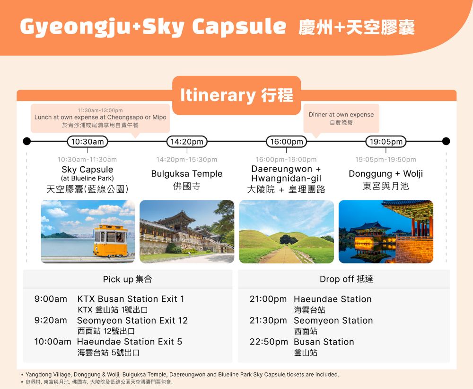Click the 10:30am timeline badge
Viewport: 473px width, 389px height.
coord(87,142)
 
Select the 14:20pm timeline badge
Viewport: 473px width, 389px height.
coord(187,142)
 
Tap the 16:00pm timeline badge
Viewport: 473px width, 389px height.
coord(286,142)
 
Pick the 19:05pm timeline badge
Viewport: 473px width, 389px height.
coord(386,142)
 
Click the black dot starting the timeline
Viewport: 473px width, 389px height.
coord(27,141)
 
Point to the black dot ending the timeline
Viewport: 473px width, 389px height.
coord(446,141)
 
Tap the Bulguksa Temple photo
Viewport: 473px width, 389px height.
coord(187,232)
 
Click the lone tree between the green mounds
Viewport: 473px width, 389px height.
coord(289,240)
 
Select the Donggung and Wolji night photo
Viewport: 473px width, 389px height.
coord(386,232)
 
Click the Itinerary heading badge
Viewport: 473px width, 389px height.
coord(236,95)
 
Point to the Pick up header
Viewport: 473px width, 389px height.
coord(128,279)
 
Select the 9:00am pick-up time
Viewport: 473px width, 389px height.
coord(51,299)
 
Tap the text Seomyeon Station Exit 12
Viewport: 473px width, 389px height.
coord(132,320)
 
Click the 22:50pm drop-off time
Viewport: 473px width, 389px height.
coord(269,342)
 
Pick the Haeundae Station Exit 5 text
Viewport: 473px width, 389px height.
coord(130,342)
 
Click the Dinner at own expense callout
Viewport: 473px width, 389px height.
coord(341,118)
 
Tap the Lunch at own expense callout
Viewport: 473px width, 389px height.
coord(100,118)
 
